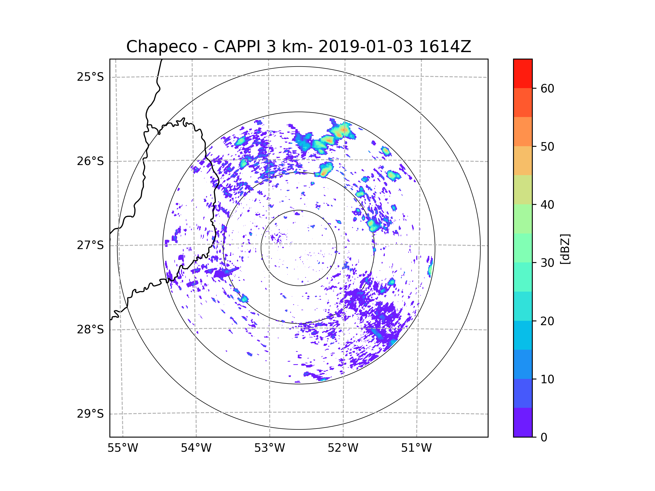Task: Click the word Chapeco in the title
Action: (161, 47)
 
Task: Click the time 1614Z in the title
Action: (445, 47)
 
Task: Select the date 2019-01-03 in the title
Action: (365, 47)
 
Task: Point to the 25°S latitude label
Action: (90, 77)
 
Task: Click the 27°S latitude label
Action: (90, 245)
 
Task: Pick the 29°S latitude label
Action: (90, 414)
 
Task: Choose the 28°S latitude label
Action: (90, 330)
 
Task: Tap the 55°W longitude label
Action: (123, 448)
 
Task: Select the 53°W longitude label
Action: (269, 448)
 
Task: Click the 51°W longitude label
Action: (416, 448)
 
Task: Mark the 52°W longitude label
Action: (343, 448)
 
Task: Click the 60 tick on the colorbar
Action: (547, 88)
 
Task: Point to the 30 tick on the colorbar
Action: (547, 263)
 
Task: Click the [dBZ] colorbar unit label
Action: (565, 249)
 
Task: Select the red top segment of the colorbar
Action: (523, 74)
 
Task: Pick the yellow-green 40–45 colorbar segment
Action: (523, 190)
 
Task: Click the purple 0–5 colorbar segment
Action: (523, 422)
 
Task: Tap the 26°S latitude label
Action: (90, 161)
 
